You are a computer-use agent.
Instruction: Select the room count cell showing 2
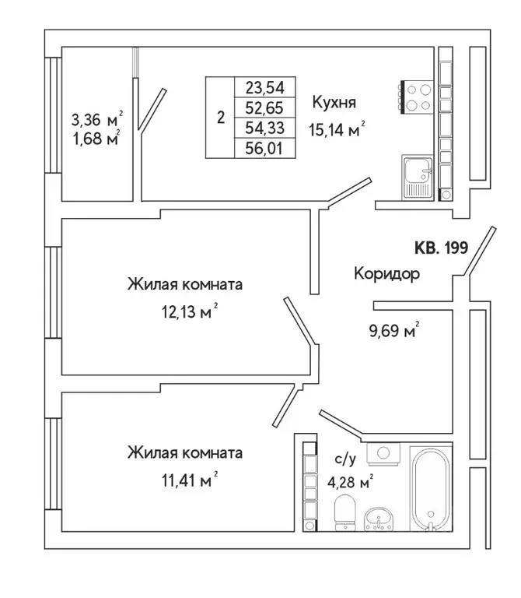click(221, 118)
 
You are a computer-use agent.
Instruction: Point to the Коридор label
click(386, 274)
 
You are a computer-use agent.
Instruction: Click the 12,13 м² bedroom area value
click(185, 313)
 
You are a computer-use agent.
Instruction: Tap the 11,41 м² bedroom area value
click(185, 481)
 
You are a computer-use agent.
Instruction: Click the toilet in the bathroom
click(343, 515)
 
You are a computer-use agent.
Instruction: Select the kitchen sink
click(417, 178)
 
